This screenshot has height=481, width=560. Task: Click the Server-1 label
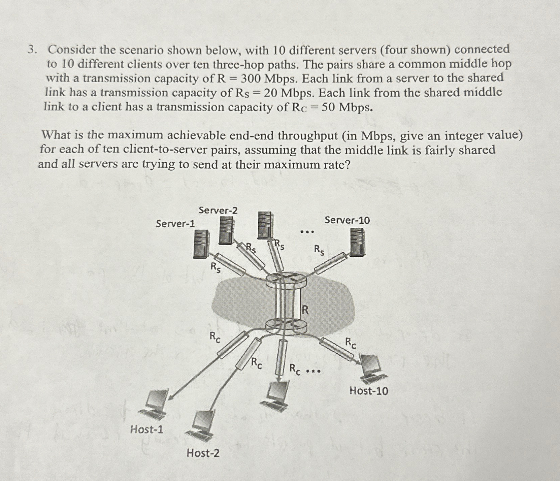point(175,223)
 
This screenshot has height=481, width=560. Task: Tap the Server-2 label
point(218,210)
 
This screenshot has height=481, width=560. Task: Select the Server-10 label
point(347,220)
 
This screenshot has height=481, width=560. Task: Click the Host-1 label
point(146,429)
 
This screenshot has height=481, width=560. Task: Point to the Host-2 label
point(203,453)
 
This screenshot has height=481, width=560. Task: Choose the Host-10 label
point(368,391)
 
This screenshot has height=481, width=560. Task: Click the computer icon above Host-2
point(202,425)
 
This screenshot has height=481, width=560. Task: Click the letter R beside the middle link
point(305,310)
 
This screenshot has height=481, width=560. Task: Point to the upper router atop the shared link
point(286,279)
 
